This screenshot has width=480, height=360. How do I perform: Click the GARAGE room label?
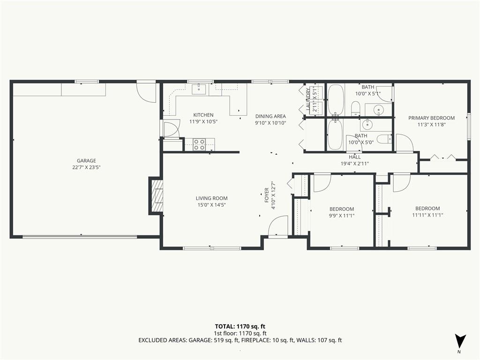pos(86,161)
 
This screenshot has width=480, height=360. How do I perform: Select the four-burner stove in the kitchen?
pos(199,144)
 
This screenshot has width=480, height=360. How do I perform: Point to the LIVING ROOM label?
pos(212,198)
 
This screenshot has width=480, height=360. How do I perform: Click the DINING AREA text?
pos(270,116)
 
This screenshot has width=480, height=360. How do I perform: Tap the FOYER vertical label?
pos(266,195)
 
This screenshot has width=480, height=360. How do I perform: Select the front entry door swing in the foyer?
pos(278,225)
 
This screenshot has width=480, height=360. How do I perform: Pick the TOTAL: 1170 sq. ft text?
pos(240,326)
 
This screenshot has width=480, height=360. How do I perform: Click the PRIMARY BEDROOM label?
pos(431,118)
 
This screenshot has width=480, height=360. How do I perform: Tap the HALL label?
pos(355,157)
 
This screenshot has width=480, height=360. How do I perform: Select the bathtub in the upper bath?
pos(336,100)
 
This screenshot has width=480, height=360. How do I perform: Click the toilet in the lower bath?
pos(384,139)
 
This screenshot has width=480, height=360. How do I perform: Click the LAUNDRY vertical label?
pos(308,99)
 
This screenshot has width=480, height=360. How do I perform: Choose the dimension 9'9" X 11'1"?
pos(342,216)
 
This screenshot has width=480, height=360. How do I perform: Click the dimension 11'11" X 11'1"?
pos(427,215)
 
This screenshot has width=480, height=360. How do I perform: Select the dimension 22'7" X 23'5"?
pos(86,167)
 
